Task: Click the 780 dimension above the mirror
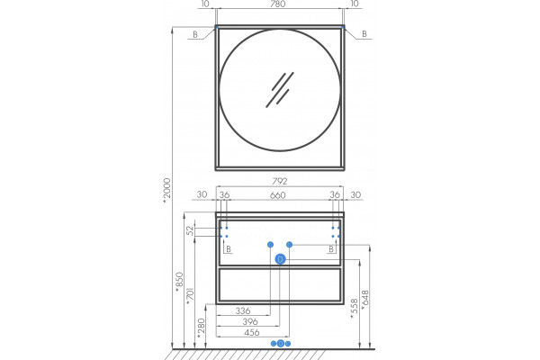277,4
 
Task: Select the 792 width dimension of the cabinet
279,181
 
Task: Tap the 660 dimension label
277,195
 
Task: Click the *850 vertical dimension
179,282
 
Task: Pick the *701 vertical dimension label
190,296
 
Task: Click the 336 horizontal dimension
243,310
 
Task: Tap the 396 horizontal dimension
250,322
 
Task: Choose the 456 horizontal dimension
252,333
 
